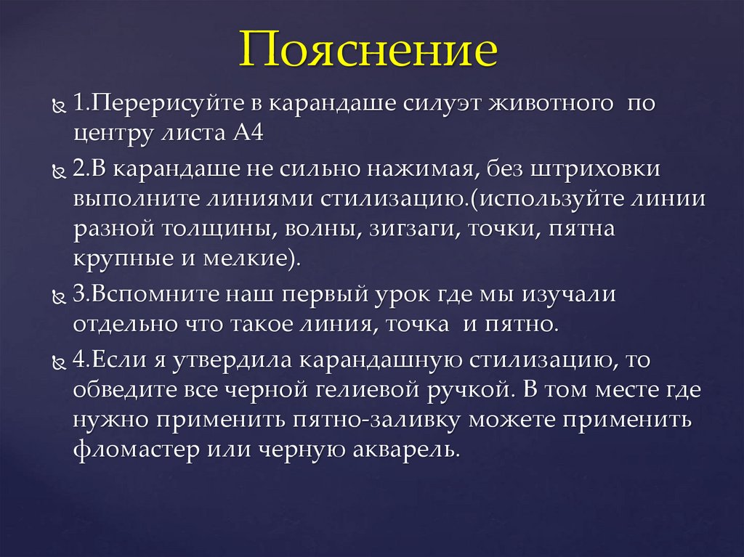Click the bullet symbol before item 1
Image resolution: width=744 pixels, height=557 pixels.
58,106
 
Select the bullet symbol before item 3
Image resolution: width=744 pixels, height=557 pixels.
58,296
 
